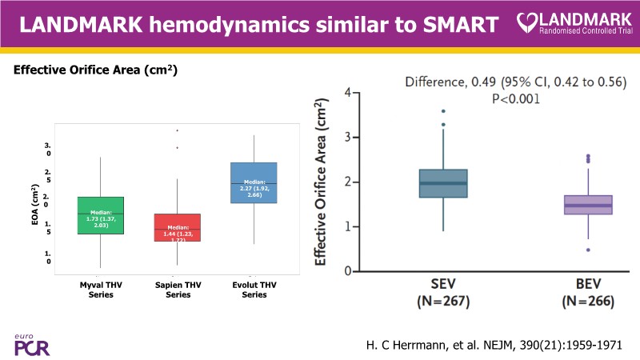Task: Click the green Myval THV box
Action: point(100,215)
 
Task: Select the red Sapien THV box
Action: point(177,227)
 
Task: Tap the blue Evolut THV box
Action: point(254,182)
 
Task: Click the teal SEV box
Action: point(442,183)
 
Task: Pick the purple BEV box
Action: point(588,205)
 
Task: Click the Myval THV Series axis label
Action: point(101,290)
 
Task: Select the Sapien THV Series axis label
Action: point(177,290)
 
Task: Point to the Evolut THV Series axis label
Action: point(254,290)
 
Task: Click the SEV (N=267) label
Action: point(442,294)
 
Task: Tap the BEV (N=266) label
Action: point(588,294)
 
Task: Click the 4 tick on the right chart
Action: point(347,93)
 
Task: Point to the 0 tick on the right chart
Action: point(347,271)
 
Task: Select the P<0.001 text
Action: point(515,99)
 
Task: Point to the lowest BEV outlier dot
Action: point(588,250)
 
